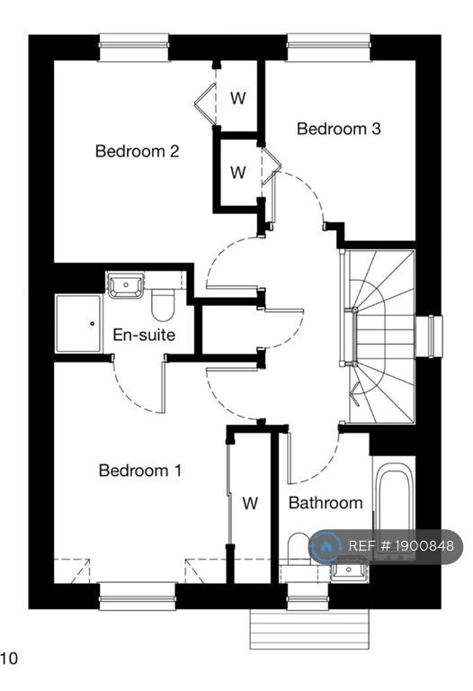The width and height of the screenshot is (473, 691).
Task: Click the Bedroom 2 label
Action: point(137,151)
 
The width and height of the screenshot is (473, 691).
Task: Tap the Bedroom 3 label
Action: point(338,129)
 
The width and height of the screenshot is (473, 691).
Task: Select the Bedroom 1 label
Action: point(140,471)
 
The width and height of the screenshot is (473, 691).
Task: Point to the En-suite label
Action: point(144,335)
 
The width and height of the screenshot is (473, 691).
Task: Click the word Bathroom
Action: point(326,502)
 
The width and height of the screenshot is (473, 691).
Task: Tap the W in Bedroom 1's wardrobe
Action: point(250,503)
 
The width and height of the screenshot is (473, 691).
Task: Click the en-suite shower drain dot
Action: point(92,324)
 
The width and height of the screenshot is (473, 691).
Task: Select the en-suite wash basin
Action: point(126,285)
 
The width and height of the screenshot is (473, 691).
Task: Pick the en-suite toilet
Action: point(163,304)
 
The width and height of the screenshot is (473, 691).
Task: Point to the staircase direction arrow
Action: point(356,394)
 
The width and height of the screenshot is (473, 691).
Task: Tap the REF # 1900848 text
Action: point(401,546)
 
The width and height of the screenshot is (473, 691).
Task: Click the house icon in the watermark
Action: point(326,547)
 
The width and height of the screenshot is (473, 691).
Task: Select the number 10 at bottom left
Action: point(9,659)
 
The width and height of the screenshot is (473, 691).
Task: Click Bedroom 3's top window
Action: point(328,47)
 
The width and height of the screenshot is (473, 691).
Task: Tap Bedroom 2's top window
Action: point(134,47)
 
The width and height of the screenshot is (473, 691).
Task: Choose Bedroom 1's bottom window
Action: point(138,597)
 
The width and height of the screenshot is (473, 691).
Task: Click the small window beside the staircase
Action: point(429,337)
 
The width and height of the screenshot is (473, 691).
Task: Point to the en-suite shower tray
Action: point(78,324)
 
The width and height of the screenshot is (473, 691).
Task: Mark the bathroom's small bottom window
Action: point(308,597)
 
